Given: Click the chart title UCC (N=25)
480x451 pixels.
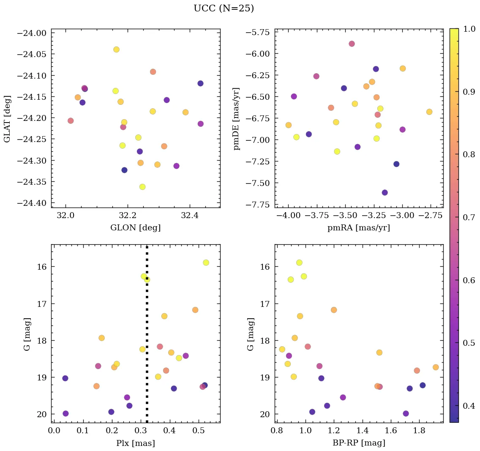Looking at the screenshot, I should (x=224, y=8).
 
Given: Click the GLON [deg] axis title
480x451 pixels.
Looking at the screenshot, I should (x=135, y=228).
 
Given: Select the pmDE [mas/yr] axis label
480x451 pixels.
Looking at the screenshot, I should (x=237, y=118).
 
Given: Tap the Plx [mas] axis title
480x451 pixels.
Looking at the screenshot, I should (x=135, y=443).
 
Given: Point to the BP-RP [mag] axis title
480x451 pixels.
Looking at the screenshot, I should (x=359, y=443).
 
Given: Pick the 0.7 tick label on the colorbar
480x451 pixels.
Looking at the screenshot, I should (x=469, y=218).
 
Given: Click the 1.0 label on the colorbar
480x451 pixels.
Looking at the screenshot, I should (x=469, y=29).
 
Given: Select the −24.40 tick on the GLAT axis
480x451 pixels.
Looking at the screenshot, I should (x=32, y=203).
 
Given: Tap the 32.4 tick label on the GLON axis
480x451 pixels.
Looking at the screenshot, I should (x=190, y=215).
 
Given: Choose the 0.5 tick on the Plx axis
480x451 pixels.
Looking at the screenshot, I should (x=198, y=431).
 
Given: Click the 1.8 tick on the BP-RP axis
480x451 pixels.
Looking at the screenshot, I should (x=419, y=431).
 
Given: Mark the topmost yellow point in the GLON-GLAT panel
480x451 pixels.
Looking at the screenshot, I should (x=116, y=49).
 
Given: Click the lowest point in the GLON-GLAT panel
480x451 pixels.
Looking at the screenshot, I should (x=142, y=187).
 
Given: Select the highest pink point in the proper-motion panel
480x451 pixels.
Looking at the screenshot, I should (x=352, y=44).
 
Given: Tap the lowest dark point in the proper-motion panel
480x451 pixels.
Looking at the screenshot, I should (x=385, y=192).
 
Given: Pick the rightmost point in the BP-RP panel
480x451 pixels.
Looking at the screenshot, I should (x=436, y=367).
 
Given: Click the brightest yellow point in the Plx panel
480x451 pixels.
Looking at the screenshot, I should (x=206, y=262).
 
